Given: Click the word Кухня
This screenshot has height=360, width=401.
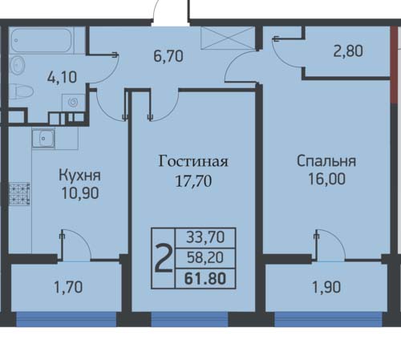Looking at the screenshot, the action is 79,176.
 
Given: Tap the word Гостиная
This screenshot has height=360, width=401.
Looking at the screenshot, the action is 193,161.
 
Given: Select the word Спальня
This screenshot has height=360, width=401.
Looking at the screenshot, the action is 326,161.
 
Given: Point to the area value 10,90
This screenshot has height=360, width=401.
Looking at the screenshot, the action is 80,193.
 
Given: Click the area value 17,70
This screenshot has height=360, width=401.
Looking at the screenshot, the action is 193,181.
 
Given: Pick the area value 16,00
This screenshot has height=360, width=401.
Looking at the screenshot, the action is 326,179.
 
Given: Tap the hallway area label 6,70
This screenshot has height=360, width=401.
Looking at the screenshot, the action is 168,56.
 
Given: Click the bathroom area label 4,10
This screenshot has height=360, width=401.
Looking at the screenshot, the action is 62,77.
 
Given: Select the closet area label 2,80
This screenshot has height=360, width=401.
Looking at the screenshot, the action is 348,51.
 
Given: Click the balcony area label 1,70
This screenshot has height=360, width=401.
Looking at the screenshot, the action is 68,288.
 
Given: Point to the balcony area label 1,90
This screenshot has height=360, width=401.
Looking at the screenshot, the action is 326,288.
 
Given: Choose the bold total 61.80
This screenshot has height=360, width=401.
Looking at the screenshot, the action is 205,278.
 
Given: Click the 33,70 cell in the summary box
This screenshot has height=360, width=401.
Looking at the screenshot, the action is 205,237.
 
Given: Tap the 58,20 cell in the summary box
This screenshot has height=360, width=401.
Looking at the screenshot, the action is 205,257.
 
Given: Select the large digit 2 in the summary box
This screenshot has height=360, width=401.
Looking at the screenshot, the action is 164,259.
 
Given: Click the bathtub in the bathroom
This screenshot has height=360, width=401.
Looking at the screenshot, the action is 42,40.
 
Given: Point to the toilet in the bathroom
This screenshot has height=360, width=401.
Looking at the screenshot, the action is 21,91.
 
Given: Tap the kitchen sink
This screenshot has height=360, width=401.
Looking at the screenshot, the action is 43,138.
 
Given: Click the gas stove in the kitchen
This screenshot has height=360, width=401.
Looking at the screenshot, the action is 19,194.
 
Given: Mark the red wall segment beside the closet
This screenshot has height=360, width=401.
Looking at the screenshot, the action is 394,65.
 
